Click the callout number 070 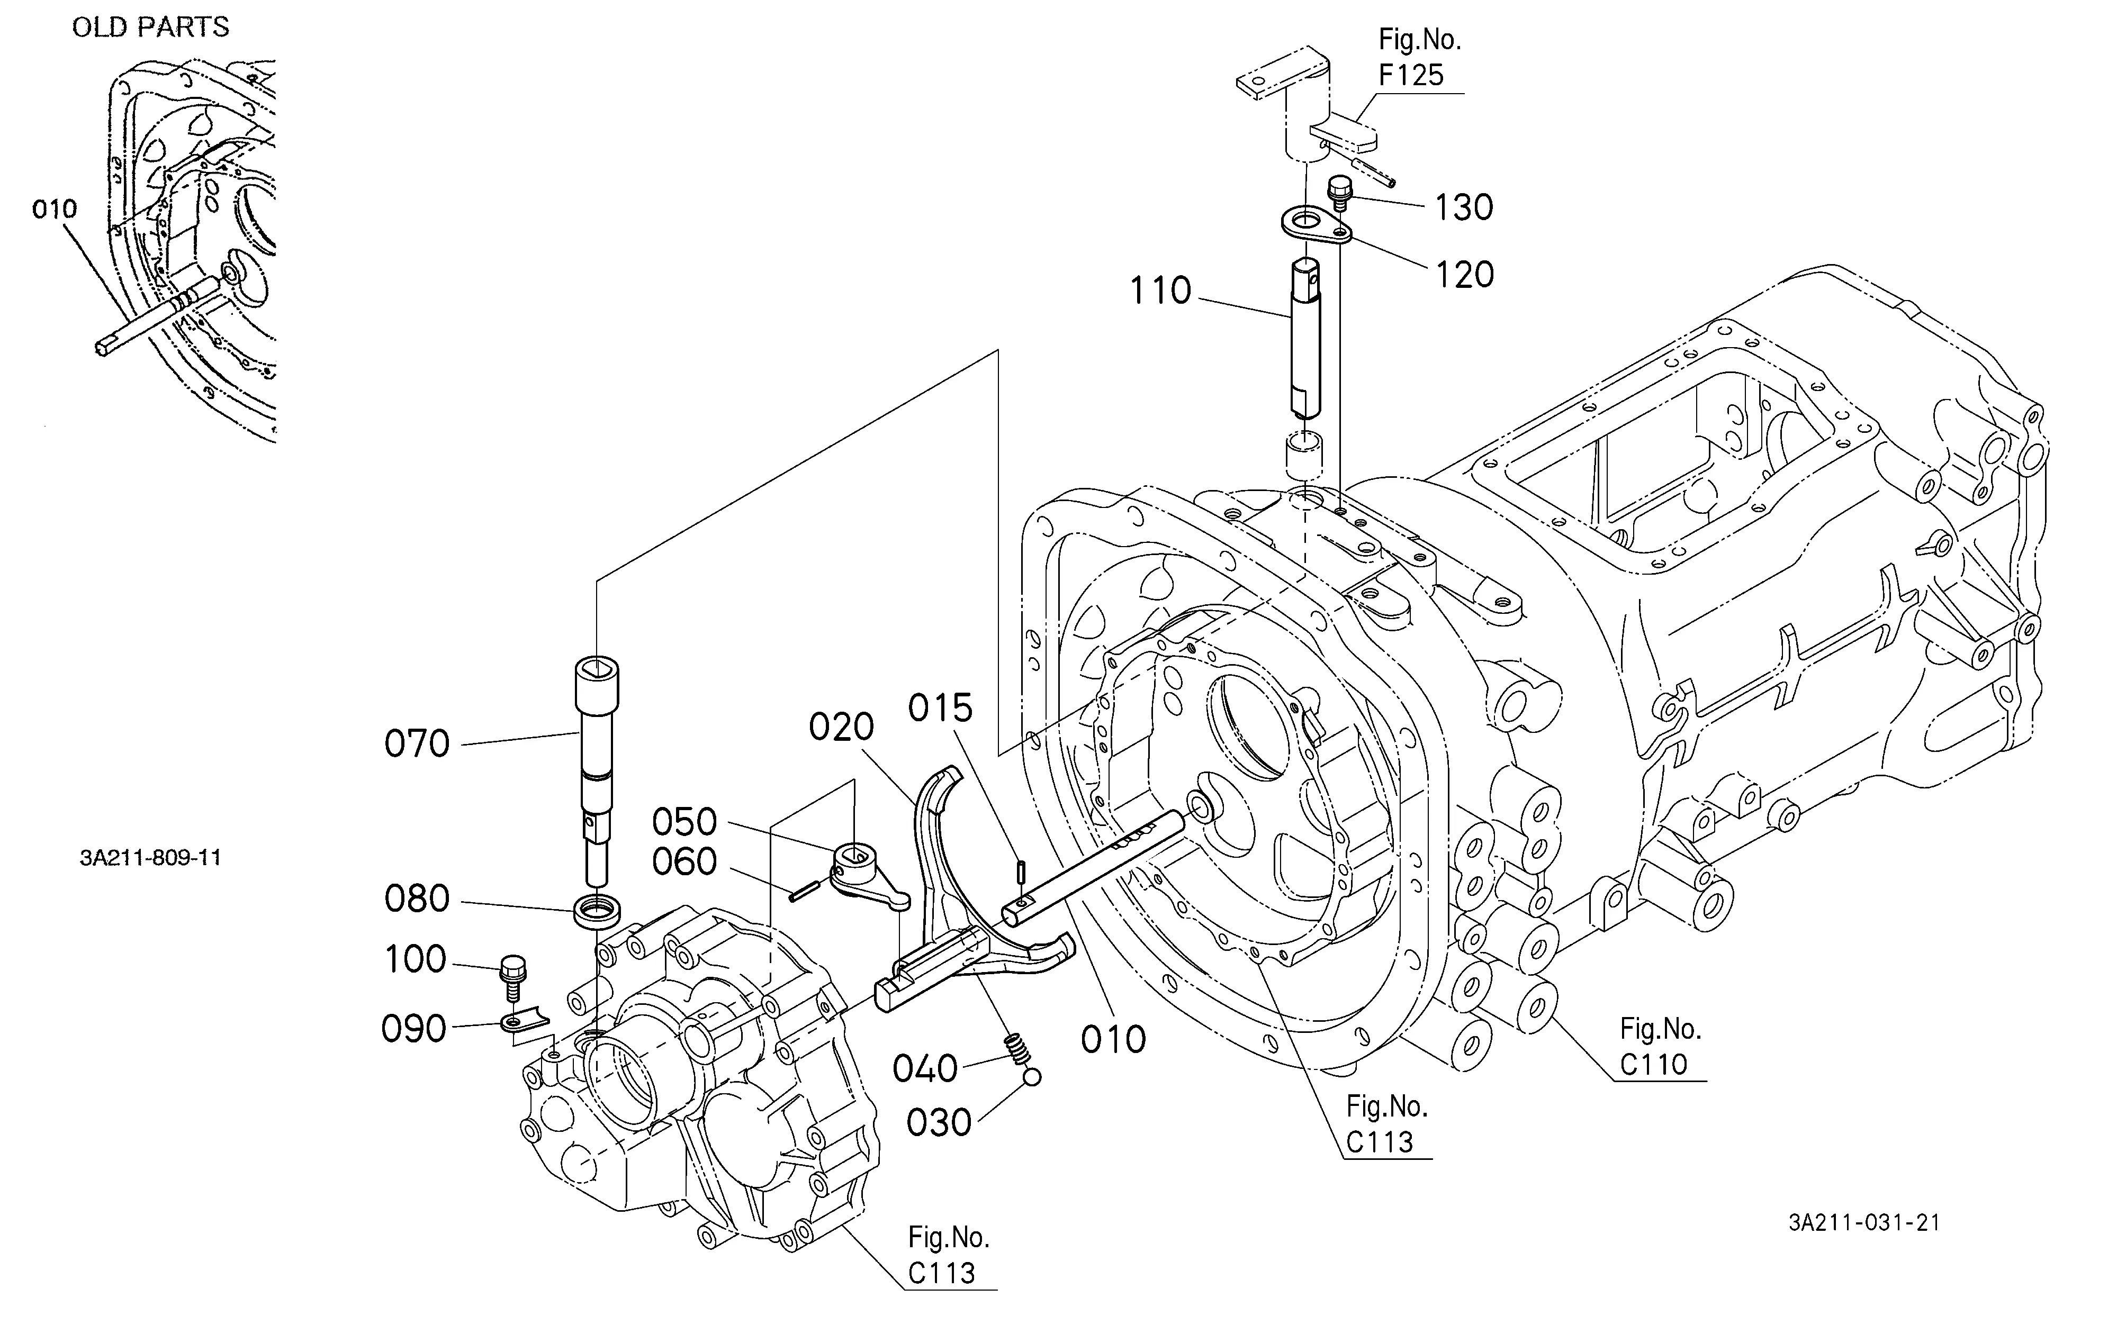click(417, 744)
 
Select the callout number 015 click(940, 708)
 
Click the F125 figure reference click(1411, 75)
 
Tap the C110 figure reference click(1653, 1064)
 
